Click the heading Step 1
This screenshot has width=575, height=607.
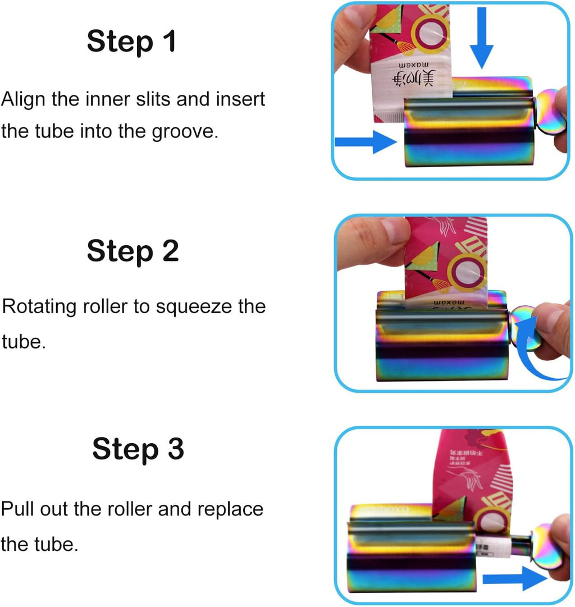pyautogui.click(x=131, y=42)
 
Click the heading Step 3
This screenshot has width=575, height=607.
pyautogui.click(x=138, y=449)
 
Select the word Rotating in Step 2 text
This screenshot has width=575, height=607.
pyautogui.click(x=39, y=307)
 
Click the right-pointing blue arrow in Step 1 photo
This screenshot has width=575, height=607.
pyautogui.click(x=365, y=141)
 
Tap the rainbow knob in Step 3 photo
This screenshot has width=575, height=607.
pyautogui.click(x=545, y=544)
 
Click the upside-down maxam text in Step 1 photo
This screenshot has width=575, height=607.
pyautogui.click(x=422, y=66)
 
